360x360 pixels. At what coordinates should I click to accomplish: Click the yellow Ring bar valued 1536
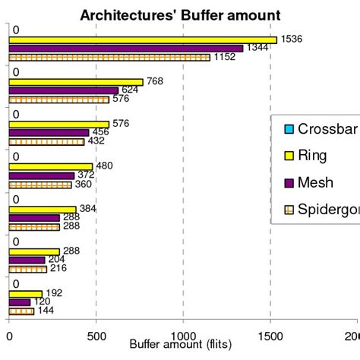coord(143,39)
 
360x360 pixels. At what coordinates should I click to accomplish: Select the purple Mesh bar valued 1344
coord(126,49)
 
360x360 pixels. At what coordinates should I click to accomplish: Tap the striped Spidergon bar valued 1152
coord(109,57)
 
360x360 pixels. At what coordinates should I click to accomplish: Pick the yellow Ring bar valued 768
coord(76,82)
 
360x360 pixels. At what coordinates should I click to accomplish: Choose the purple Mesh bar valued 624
coord(63,90)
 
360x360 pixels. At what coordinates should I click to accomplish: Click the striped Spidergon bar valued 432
coord(46,141)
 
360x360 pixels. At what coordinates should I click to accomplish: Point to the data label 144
coord(46,311)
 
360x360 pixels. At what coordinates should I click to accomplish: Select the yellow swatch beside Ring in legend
coord(288,156)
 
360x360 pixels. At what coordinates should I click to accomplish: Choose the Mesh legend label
coord(315,183)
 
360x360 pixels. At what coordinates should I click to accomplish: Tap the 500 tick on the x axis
coord(96,335)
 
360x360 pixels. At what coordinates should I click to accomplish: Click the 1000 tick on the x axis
coord(183,335)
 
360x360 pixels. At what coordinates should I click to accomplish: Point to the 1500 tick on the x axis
coord(270,335)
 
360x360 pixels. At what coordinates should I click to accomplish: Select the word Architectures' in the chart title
coord(127,15)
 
